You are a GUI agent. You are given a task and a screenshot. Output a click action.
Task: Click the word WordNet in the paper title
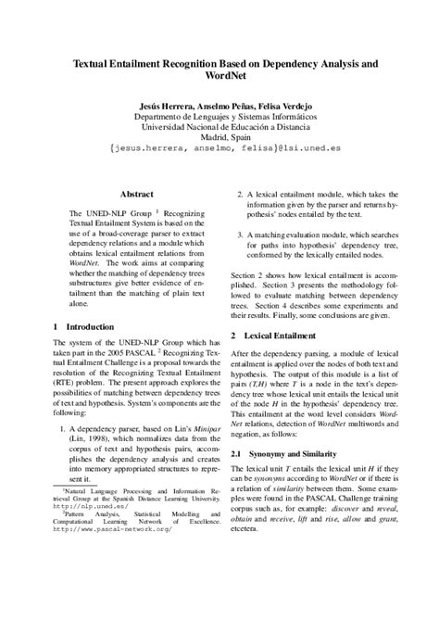tap(219, 80)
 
